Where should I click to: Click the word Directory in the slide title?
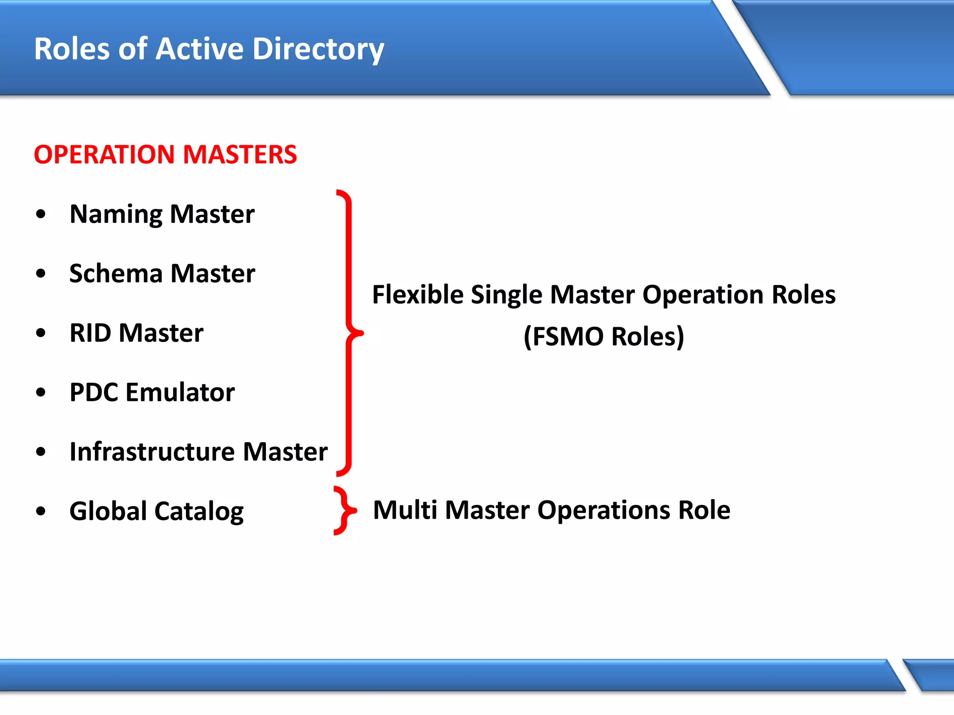[318, 49]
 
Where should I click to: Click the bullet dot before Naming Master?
[41, 214]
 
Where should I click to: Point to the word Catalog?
[199, 512]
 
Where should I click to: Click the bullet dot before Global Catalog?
[41, 511]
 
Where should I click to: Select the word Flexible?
[418, 295]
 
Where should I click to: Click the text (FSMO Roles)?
[604, 336]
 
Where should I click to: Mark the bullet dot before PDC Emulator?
[41, 392]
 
